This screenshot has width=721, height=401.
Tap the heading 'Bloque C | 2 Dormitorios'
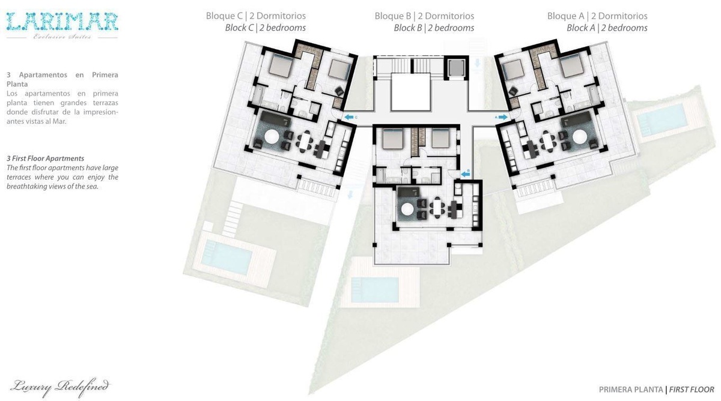[256, 16]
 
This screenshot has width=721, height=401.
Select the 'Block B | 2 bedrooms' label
[434, 28]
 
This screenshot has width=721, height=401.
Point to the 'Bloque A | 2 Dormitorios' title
[597, 16]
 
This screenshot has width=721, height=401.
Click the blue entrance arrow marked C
[349, 118]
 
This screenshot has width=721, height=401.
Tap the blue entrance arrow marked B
[466, 174]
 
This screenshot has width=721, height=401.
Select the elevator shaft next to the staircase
[455, 68]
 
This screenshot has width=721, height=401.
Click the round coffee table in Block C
[272, 137]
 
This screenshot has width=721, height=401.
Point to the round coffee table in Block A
[580, 137]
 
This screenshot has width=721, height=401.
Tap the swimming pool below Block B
[375, 290]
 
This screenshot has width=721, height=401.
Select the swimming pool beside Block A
[662, 119]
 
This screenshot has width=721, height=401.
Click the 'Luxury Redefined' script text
[60, 388]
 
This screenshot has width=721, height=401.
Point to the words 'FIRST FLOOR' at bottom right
[692, 390]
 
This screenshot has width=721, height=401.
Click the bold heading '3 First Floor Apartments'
[46, 158]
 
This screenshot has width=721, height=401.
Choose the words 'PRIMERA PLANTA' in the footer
[631, 390]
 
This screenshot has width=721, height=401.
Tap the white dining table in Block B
[437, 208]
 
